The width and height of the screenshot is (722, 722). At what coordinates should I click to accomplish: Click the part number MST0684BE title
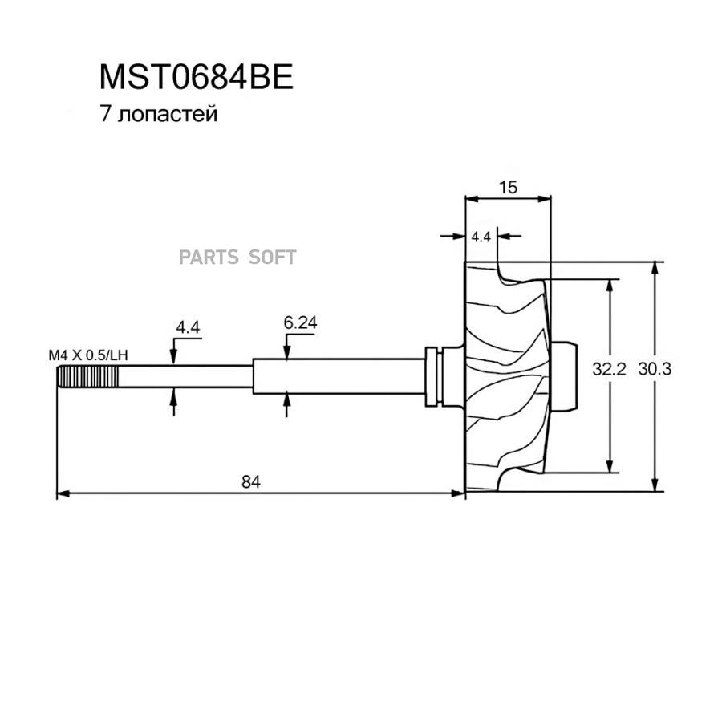point(197,77)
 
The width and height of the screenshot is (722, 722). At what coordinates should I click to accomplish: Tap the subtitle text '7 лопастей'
point(158,115)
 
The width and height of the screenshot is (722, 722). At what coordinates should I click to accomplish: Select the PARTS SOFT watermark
point(237,258)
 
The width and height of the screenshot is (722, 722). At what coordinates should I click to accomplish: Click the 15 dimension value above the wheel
point(508,187)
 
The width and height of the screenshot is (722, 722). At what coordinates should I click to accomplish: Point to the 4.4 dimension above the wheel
point(481,237)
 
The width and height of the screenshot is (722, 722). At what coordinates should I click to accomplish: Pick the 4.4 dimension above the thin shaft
point(188,327)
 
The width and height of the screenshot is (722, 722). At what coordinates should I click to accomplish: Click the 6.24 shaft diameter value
point(301,322)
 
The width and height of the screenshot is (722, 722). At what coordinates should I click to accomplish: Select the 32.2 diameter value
point(608,369)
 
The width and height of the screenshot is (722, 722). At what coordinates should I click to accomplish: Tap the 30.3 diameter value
point(654,369)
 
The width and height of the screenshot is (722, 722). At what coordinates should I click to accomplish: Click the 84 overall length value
point(252,481)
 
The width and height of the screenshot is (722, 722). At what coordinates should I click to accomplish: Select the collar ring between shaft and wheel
point(432,375)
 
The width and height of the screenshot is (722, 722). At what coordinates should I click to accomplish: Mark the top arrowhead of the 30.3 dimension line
point(657,267)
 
